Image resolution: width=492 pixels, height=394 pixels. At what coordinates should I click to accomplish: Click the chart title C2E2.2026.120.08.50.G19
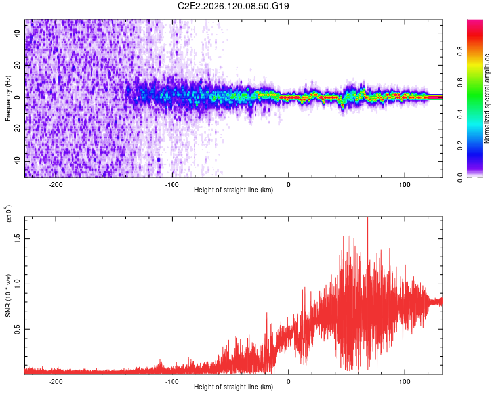(233, 6)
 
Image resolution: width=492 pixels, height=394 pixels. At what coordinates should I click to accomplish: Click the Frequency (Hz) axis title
(8, 98)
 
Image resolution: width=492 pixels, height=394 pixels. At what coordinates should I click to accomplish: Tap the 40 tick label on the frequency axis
(17, 33)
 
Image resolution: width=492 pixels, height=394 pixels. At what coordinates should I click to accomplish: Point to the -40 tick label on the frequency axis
(17, 161)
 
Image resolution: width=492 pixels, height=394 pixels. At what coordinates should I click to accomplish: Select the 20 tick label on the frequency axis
(17, 65)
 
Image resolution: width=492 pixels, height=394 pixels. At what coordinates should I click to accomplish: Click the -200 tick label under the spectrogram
(56, 185)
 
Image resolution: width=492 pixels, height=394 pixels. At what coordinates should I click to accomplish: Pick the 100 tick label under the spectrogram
(405, 185)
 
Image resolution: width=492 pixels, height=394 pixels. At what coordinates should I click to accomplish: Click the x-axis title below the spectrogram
(234, 190)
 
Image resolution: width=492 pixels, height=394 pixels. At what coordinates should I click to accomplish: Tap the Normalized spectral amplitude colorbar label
(487, 98)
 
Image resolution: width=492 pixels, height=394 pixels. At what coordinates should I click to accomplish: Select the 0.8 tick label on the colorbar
(460, 51)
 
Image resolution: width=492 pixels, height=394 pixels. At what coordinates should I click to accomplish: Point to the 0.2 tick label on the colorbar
(460, 146)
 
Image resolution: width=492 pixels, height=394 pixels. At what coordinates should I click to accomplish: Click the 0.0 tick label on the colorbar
(460, 178)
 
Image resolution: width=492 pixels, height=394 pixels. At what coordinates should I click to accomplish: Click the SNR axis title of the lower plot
(8, 295)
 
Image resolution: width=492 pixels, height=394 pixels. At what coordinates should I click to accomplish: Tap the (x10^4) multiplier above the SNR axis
(9, 213)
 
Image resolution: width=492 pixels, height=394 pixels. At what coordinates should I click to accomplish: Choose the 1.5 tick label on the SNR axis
(17, 239)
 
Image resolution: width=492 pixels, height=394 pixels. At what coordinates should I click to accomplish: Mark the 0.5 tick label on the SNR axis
(17, 329)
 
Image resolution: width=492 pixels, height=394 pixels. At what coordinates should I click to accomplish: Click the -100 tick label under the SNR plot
(172, 382)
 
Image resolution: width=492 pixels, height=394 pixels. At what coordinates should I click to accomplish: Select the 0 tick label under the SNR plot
(289, 382)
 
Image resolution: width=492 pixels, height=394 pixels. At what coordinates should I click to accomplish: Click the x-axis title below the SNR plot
(234, 387)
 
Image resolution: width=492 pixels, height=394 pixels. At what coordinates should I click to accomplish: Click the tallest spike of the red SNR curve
(368, 218)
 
